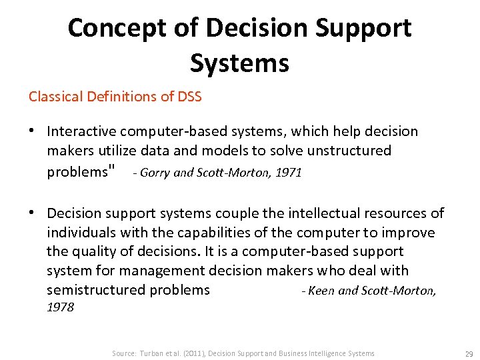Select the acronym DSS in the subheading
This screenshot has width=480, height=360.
[188, 97]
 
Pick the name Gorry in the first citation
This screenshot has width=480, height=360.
[154, 173]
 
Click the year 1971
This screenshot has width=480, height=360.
[289, 173]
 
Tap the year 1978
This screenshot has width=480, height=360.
[61, 307]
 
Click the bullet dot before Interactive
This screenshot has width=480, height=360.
[33, 131]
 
